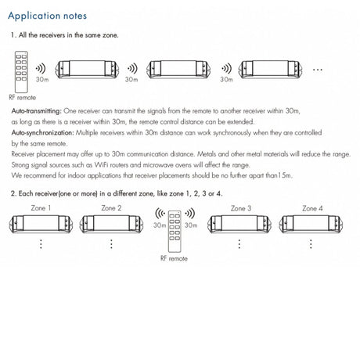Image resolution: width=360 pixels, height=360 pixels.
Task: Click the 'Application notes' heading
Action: click(x=47, y=16)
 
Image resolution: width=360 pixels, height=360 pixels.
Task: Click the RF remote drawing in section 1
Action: click(x=21, y=72)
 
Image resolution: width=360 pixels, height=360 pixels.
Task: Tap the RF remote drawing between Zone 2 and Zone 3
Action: click(x=175, y=231)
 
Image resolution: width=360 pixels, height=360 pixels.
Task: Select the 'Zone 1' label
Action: click(x=41, y=208)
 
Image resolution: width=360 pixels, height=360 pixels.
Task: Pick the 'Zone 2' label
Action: click(x=111, y=208)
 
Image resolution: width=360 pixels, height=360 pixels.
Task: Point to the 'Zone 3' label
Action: click(x=241, y=208)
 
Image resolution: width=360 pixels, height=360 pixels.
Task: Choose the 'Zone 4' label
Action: click(x=312, y=208)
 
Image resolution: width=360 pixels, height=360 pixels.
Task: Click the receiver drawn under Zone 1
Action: click(x=41, y=224)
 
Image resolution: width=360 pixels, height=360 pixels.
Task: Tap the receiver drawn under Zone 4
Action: click(x=311, y=224)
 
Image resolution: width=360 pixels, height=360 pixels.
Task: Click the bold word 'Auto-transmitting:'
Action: click(x=36, y=111)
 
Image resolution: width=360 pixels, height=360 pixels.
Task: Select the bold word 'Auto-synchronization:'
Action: click(x=43, y=133)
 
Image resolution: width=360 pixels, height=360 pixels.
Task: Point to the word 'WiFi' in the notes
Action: click(x=102, y=165)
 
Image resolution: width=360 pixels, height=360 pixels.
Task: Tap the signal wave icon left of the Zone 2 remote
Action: click(x=160, y=214)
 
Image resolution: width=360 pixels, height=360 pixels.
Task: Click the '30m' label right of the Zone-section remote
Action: click(x=191, y=225)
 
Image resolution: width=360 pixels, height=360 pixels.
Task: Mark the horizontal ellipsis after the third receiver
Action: click(x=318, y=70)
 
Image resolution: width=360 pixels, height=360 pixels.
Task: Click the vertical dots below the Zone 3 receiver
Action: click(x=239, y=244)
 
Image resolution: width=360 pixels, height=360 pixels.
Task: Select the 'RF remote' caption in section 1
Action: click(x=23, y=98)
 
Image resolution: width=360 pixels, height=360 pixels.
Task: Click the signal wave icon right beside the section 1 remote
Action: click(x=41, y=69)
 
